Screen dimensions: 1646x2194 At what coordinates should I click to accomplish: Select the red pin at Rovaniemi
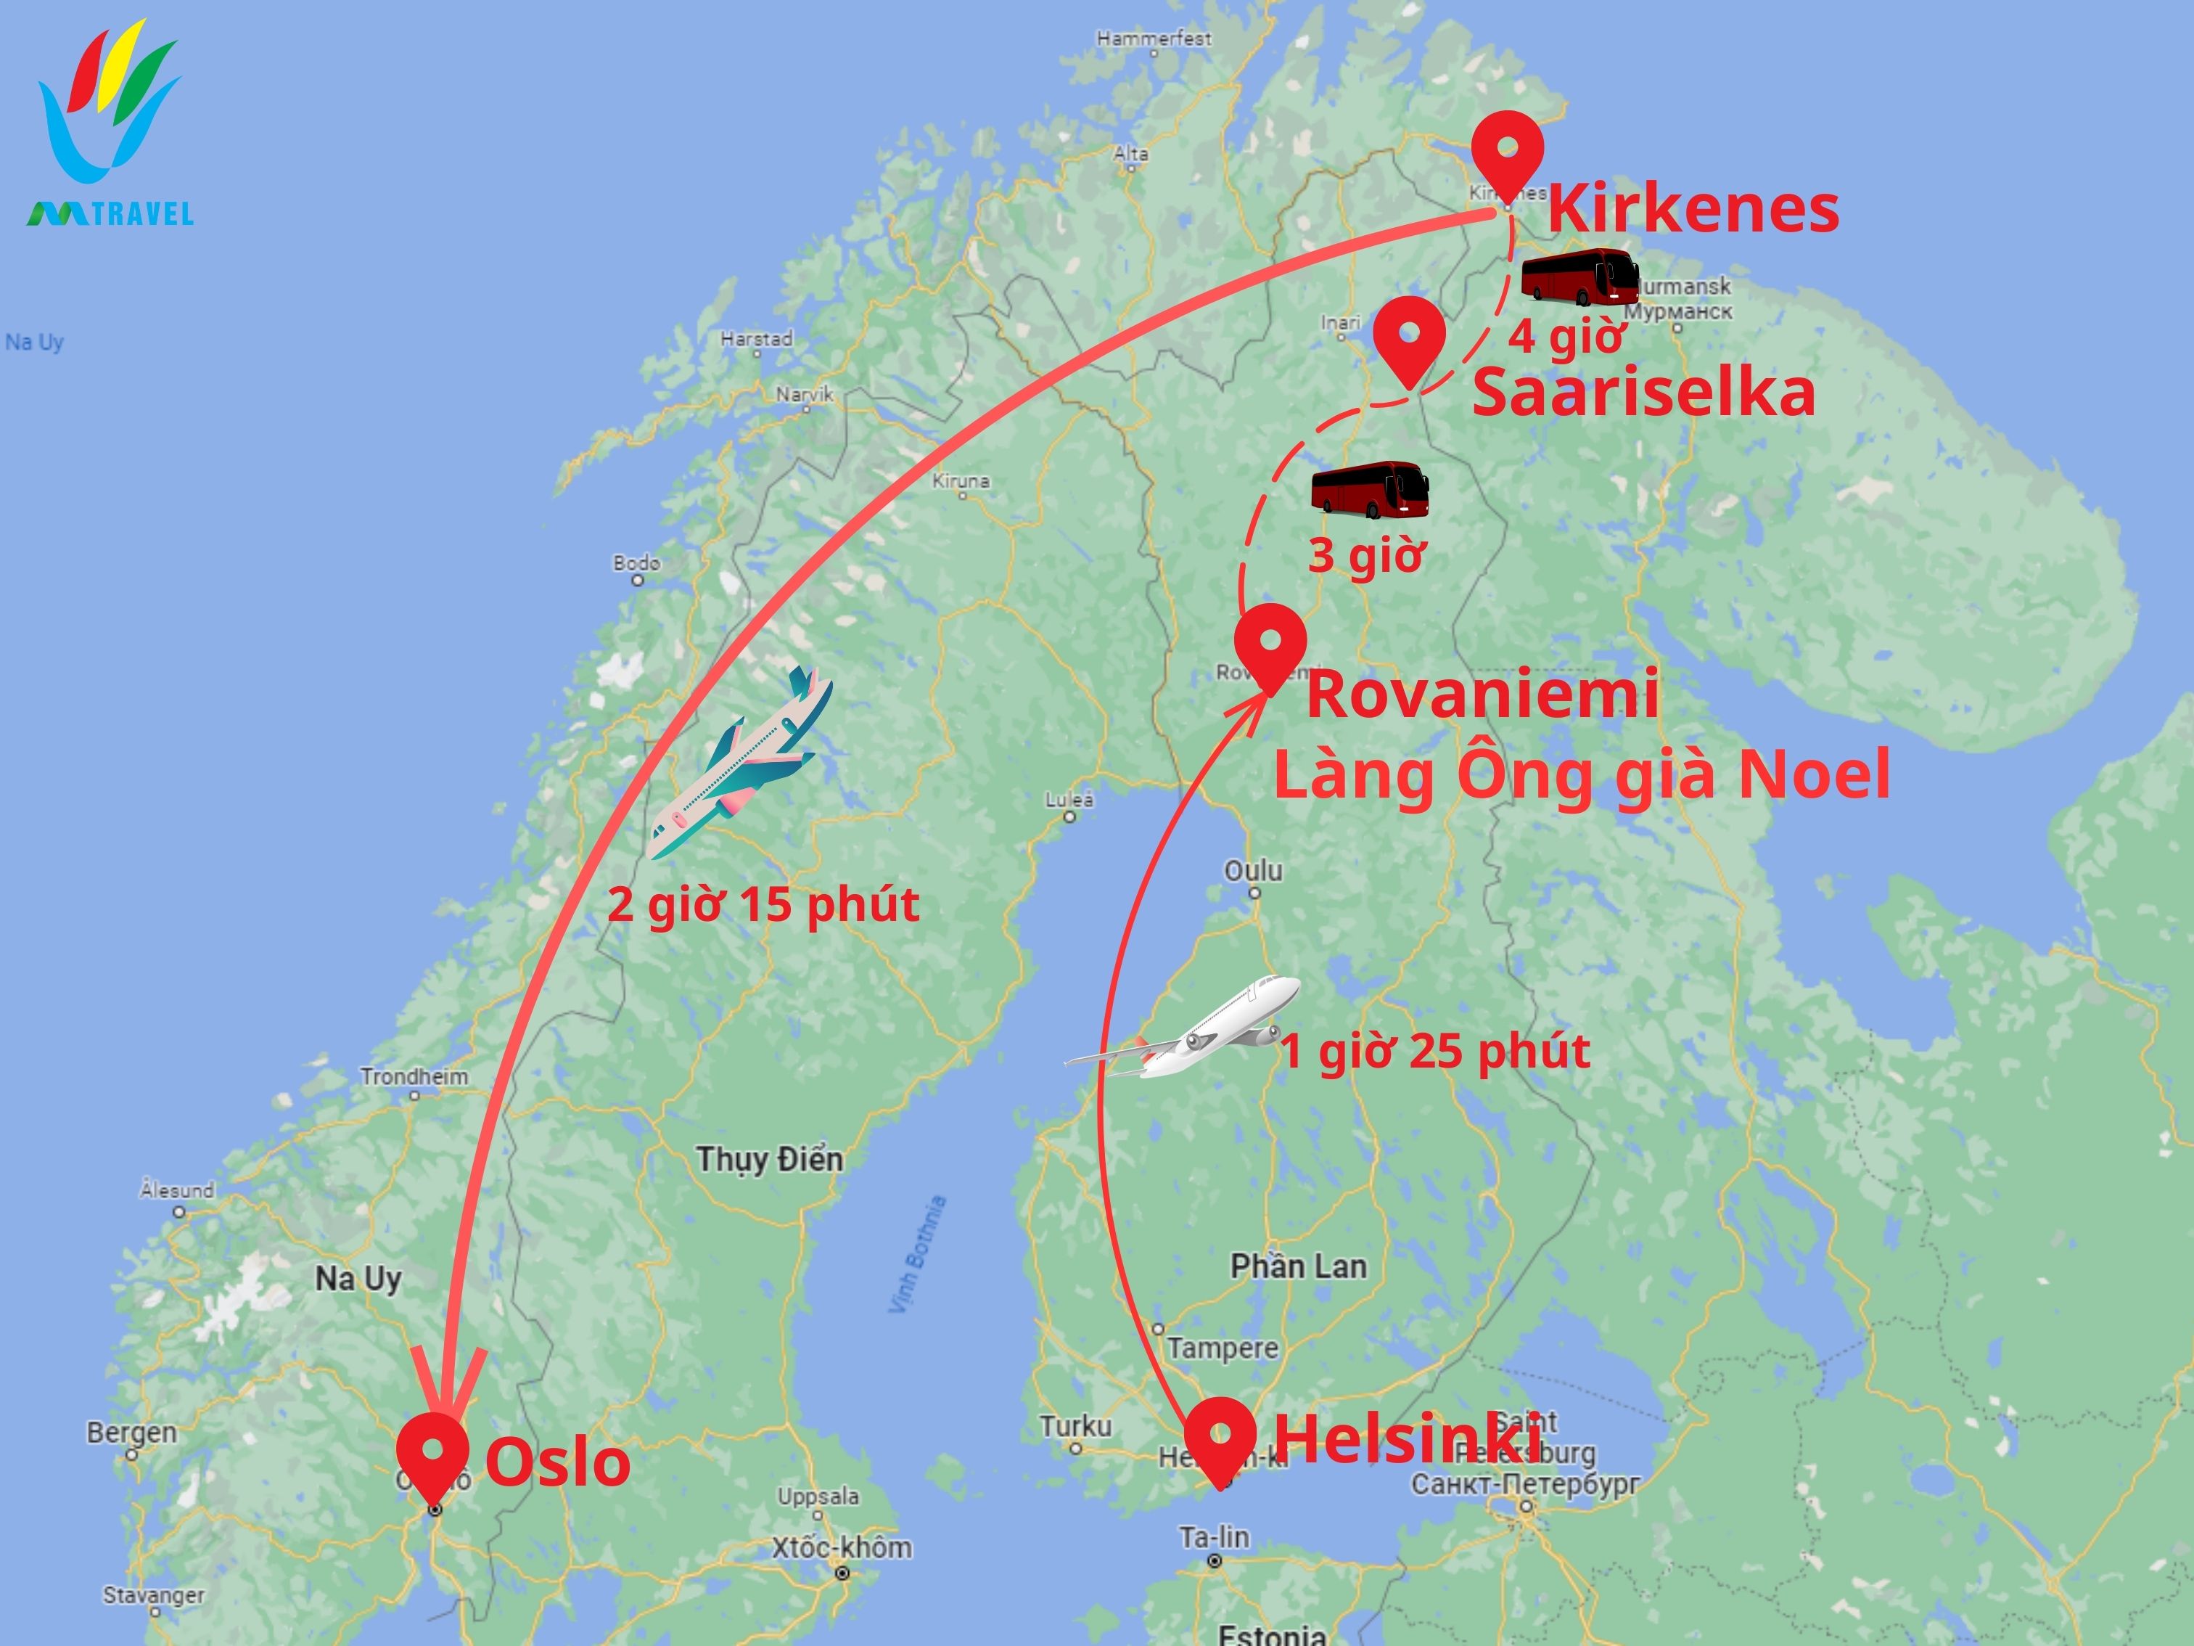point(1270,645)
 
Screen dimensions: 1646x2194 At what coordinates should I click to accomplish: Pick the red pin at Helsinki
point(1220,1438)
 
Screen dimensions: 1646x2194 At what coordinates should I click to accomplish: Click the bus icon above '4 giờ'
point(1579,277)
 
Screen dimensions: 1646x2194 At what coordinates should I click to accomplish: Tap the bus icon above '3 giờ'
point(1370,489)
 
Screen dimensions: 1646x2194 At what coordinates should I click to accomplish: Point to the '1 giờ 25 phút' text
point(1435,1052)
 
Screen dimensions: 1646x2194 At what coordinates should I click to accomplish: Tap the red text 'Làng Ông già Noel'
point(1581,776)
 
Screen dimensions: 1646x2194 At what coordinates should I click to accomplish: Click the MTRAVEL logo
point(109,124)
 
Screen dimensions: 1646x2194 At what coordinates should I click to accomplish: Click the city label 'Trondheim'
point(414,1076)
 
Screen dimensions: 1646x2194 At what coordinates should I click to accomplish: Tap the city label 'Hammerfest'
point(1154,38)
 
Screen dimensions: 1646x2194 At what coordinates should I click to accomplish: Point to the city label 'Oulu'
point(1253,871)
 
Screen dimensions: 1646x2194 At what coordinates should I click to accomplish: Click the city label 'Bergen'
point(132,1433)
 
